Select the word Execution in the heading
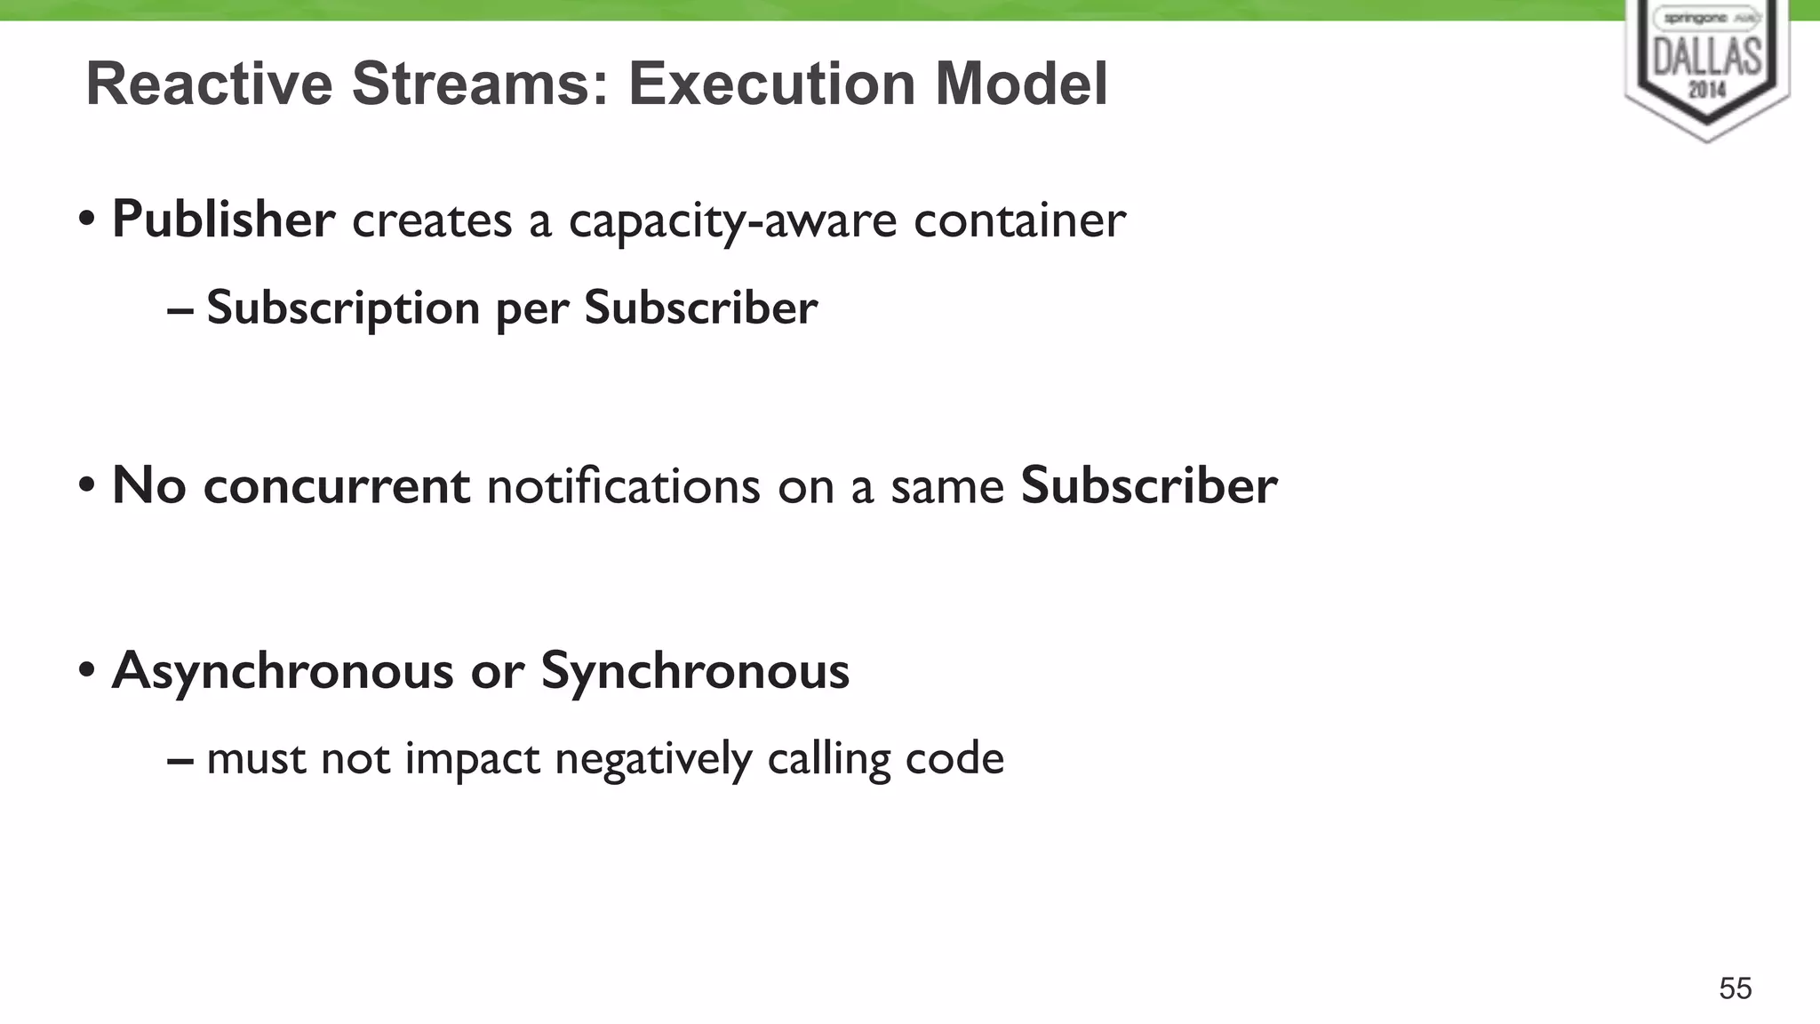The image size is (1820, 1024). pyautogui.click(x=772, y=84)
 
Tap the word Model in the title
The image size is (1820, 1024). pyautogui.click(x=1021, y=84)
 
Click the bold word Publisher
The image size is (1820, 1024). pyautogui.click(x=224, y=220)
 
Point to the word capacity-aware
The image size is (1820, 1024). pyautogui.click(x=732, y=221)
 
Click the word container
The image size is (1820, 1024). pyautogui.click(x=1019, y=220)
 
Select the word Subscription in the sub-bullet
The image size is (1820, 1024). pyautogui.click(x=343, y=309)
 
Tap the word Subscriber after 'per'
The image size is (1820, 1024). pyautogui.click(x=700, y=308)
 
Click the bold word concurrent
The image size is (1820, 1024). pyautogui.click(x=337, y=486)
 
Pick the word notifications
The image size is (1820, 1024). pyautogui.click(x=623, y=486)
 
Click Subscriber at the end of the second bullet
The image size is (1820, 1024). pyautogui.click(x=1148, y=486)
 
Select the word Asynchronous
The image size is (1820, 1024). pyautogui.click(x=283, y=671)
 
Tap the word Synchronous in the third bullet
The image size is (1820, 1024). pyautogui.click(x=695, y=671)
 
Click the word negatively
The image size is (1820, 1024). pyautogui.click(x=653, y=760)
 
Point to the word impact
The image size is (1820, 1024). pyautogui.click(x=472, y=760)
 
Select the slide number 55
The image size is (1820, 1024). pyautogui.click(x=1735, y=988)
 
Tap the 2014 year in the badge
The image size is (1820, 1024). pyautogui.click(x=1707, y=89)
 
